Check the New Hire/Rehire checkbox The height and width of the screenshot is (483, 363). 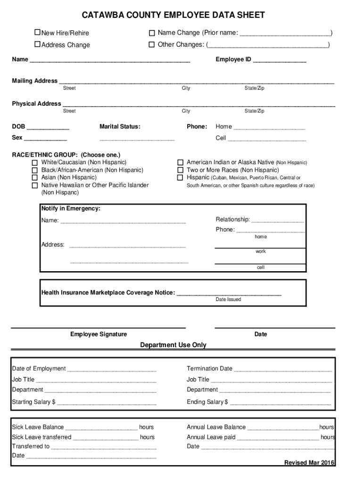point(38,33)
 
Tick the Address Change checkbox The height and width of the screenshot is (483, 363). point(38,44)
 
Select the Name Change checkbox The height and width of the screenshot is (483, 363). point(152,33)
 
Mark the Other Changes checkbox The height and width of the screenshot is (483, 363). point(152,45)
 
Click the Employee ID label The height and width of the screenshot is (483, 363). point(233,60)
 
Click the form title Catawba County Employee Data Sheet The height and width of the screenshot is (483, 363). point(173,16)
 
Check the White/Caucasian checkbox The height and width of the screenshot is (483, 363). point(34,163)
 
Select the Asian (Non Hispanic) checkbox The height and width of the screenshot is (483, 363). point(34,178)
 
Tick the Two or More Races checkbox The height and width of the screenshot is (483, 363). point(180,170)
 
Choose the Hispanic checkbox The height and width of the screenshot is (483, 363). point(180,178)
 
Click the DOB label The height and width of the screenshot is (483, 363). point(19,126)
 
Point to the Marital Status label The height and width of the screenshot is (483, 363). point(120,126)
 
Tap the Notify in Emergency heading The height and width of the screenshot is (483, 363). point(71,208)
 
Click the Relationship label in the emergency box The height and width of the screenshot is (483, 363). point(233,219)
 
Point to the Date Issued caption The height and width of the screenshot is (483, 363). point(228,300)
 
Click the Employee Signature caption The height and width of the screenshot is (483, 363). point(99,334)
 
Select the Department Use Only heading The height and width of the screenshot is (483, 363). point(173,345)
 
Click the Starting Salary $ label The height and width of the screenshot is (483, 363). point(33,402)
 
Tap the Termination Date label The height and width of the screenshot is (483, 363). point(209,368)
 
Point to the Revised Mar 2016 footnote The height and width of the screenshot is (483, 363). point(309,462)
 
